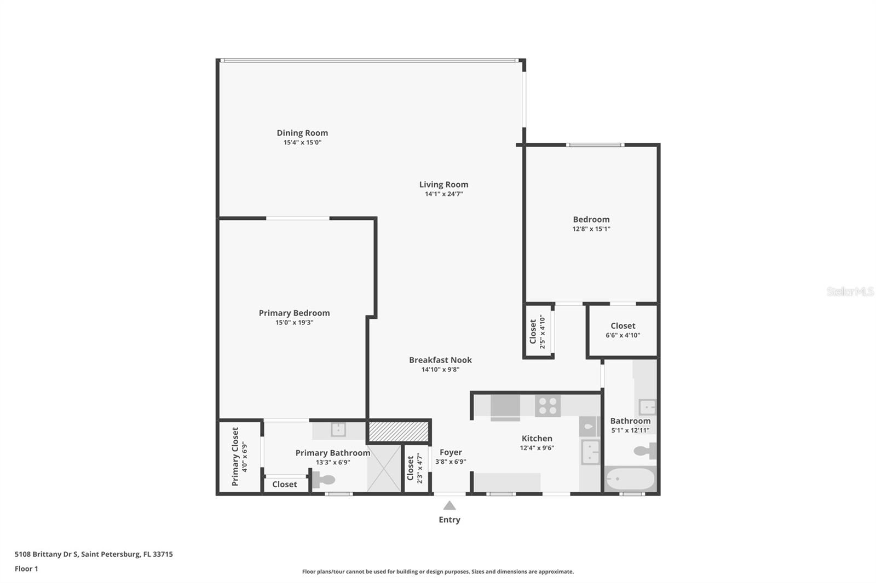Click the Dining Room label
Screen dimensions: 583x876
[302, 133]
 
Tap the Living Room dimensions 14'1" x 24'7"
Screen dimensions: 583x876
[443, 194]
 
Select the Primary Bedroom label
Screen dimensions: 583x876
[294, 313]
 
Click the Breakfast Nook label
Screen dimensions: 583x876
[440, 360]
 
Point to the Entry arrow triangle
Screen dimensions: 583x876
[449, 506]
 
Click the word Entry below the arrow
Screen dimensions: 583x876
[449, 520]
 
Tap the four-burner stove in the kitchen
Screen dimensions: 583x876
[547, 406]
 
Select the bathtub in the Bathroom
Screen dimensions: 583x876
[630, 480]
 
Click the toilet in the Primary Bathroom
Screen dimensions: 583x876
[324, 480]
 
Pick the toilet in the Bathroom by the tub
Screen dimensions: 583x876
[646, 451]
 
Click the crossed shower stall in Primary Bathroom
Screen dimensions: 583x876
[384, 468]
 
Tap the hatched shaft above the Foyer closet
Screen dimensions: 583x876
[398, 431]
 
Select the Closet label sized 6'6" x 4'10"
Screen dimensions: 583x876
[623, 326]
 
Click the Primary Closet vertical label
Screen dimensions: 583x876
[235, 457]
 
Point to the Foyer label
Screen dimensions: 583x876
[451, 452]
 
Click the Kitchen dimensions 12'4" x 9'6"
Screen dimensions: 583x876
[537, 448]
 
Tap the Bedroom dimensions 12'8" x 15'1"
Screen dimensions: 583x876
[591, 229]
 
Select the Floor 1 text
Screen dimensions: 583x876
[26, 569]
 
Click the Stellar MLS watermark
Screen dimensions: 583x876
[850, 291]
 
